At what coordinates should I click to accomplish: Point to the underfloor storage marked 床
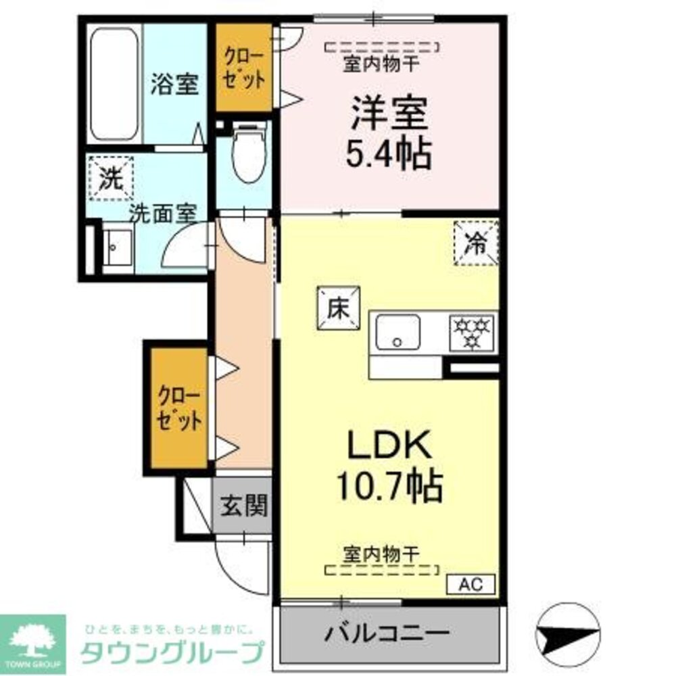[337, 308]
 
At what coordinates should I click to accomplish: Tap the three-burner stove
[473, 332]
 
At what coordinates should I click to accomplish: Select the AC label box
[470, 583]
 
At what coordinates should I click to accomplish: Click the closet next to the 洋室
[244, 68]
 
